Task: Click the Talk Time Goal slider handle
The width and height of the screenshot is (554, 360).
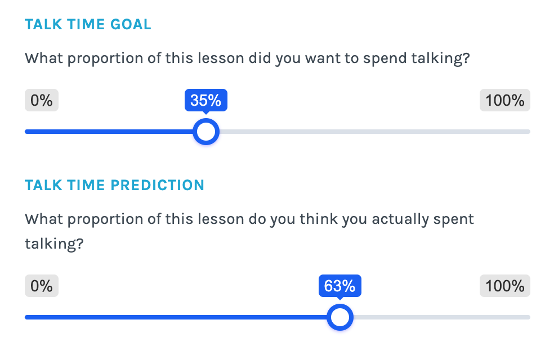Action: (x=206, y=132)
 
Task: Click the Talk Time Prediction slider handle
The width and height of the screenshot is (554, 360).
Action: (x=340, y=317)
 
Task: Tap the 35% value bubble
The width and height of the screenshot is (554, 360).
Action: (x=206, y=100)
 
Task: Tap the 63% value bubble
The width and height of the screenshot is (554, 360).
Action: (x=340, y=286)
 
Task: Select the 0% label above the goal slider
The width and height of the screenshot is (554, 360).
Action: (x=41, y=100)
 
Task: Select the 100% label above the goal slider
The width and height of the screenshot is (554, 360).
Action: (x=505, y=100)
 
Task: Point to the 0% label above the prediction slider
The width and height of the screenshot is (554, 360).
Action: (x=41, y=286)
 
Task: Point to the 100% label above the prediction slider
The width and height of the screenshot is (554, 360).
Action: (x=505, y=286)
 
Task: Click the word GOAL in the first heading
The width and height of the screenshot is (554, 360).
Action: (x=131, y=24)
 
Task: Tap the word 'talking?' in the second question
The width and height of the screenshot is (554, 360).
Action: (x=54, y=244)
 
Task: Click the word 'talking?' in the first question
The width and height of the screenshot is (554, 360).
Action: (x=441, y=58)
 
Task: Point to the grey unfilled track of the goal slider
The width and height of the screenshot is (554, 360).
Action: (x=375, y=132)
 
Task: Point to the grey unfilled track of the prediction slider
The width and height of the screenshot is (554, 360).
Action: (x=441, y=317)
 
